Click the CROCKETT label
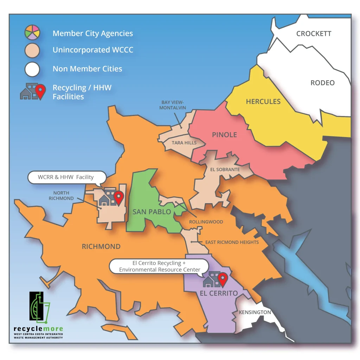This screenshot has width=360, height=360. (x=314, y=34)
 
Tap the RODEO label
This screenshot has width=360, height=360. (x=322, y=83)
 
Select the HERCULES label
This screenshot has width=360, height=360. (x=263, y=102)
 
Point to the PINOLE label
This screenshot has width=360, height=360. (x=224, y=135)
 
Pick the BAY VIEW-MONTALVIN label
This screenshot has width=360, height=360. (x=173, y=105)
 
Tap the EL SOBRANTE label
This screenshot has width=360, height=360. (x=225, y=169)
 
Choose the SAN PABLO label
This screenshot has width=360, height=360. (x=152, y=212)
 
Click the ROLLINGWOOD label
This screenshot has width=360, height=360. (x=206, y=222)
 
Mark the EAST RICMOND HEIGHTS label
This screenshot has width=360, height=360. (x=232, y=242)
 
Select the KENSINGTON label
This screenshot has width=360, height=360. (x=255, y=312)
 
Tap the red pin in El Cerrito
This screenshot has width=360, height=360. (x=222, y=279)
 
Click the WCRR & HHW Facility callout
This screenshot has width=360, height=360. (x=66, y=177)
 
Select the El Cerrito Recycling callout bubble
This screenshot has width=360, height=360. (x=160, y=266)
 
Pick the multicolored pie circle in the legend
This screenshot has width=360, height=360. (x=32, y=32)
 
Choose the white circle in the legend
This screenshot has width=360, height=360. (x=32, y=69)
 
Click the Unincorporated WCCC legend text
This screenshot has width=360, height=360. (x=93, y=50)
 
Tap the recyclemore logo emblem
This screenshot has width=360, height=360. (x=39, y=308)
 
